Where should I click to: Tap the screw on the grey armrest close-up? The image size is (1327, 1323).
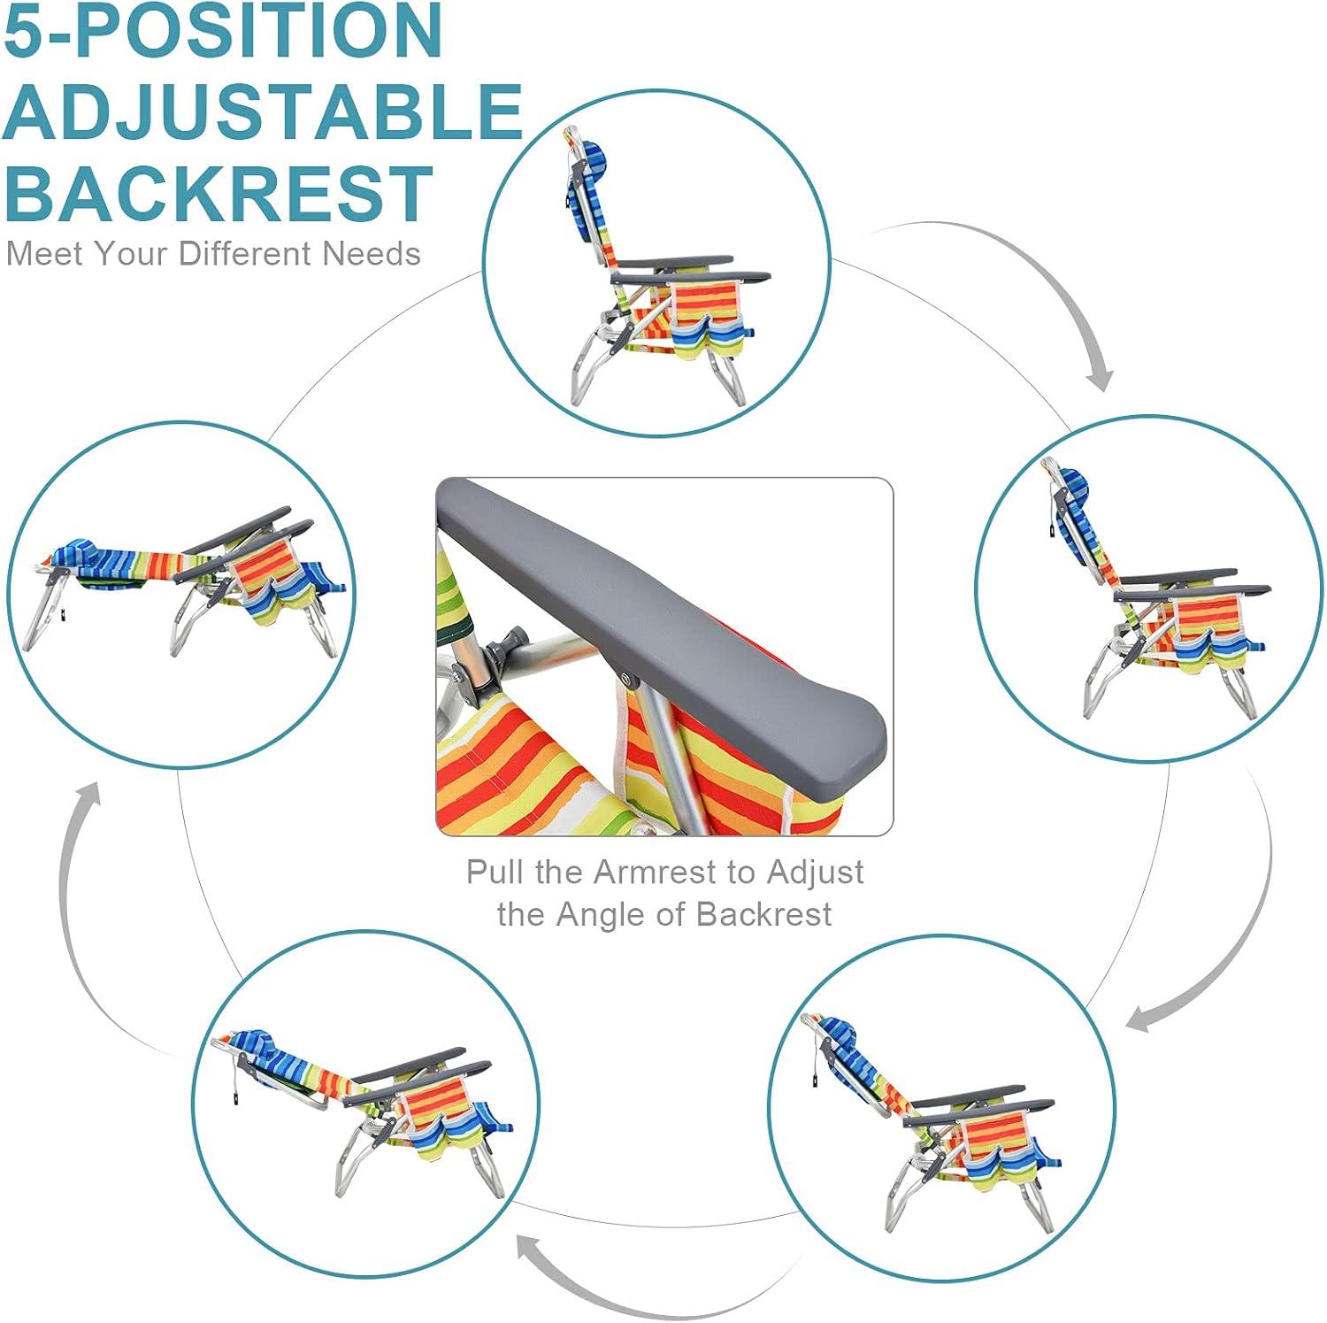pos(629,681)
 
